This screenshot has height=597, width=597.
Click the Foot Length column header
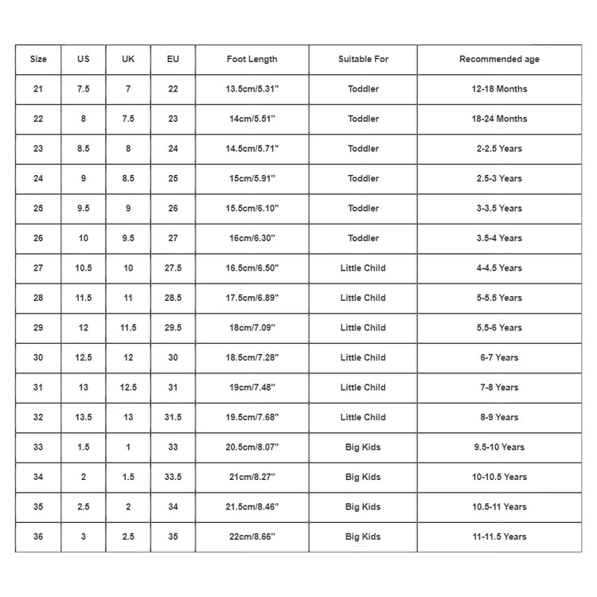pyautogui.click(x=252, y=60)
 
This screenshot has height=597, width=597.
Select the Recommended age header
pyautogui.click(x=499, y=60)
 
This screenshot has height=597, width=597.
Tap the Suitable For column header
pyautogui.click(x=363, y=60)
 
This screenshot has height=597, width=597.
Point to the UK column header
pyautogui.click(x=128, y=60)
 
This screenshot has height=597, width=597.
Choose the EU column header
pyautogui.click(x=173, y=60)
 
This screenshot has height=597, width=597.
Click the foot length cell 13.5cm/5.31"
pyautogui.click(x=252, y=89)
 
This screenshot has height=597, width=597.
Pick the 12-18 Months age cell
pyautogui.click(x=499, y=89)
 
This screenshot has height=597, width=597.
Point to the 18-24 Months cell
pyautogui.click(x=499, y=119)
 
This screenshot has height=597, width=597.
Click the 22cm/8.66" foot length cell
pyautogui.click(x=252, y=537)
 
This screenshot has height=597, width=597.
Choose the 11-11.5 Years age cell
pyautogui.click(x=499, y=537)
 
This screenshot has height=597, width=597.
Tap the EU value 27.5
pyautogui.click(x=173, y=268)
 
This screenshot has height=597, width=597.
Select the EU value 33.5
pyautogui.click(x=173, y=477)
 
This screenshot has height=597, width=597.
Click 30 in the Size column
pyautogui.click(x=38, y=357)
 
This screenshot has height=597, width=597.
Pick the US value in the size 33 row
pyautogui.click(x=84, y=447)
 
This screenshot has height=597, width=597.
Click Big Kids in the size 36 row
pyautogui.click(x=363, y=537)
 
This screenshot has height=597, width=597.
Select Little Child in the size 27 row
pyautogui.click(x=363, y=268)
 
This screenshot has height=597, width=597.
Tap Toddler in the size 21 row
pyautogui.click(x=363, y=89)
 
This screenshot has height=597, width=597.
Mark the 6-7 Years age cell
pyautogui.click(x=499, y=357)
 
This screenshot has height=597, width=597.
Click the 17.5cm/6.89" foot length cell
pyautogui.click(x=252, y=298)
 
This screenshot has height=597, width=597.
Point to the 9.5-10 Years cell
pyautogui.click(x=499, y=447)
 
